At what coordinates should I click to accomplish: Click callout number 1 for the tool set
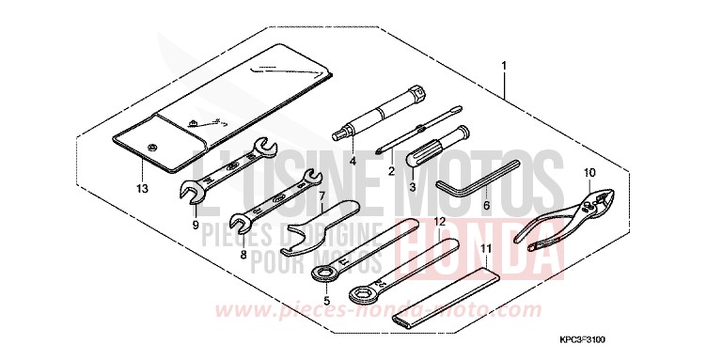coord(505,67)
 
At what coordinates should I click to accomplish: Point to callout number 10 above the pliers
coord(589,173)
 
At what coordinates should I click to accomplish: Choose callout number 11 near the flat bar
coord(486,249)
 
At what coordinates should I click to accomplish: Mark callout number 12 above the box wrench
coord(438,222)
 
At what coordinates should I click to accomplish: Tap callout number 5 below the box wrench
coord(325,302)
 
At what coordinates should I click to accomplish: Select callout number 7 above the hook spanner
coord(322,197)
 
